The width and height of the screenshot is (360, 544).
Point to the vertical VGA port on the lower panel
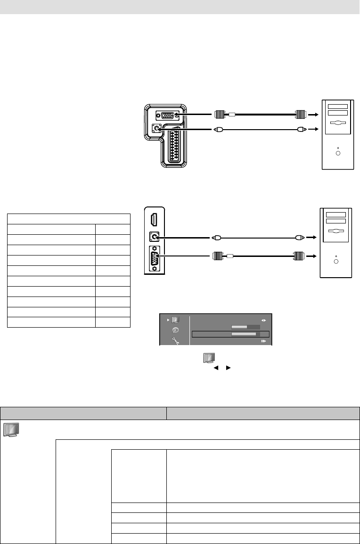(154, 257)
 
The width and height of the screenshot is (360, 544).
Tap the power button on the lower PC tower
(335, 261)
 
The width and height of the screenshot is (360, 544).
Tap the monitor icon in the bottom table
(11, 429)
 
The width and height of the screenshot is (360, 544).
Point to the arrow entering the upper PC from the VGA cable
(312, 114)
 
